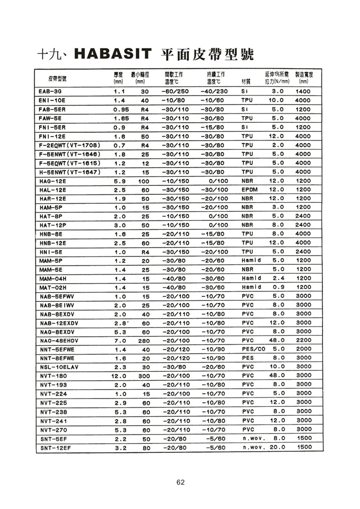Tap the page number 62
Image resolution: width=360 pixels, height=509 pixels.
point(180,482)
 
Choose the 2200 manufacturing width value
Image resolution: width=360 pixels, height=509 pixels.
point(303,341)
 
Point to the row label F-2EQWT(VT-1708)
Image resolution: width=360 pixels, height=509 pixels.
point(70,145)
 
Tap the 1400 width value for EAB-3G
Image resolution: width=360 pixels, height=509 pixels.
point(303,92)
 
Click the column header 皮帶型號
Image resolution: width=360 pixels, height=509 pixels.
point(58,78)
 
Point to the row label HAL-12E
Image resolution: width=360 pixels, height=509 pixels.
point(52,189)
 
